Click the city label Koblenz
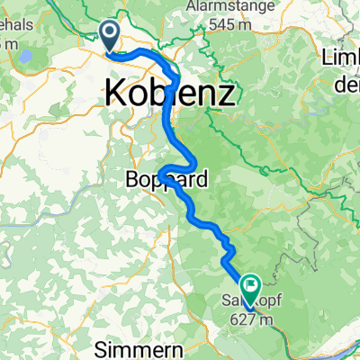(x=172, y=91)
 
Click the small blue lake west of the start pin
(x=26, y=57)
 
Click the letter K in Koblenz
(x=117, y=91)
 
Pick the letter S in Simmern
(x=103, y=346)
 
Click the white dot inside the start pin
(x=111, y=33)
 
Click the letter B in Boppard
(x=126, y=180)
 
